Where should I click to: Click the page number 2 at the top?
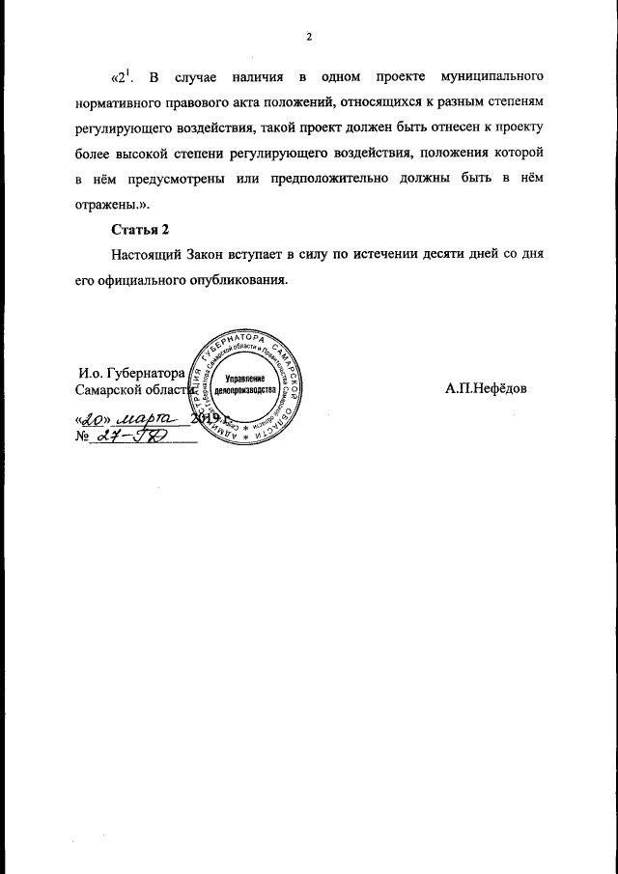[x=309, y=37]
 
